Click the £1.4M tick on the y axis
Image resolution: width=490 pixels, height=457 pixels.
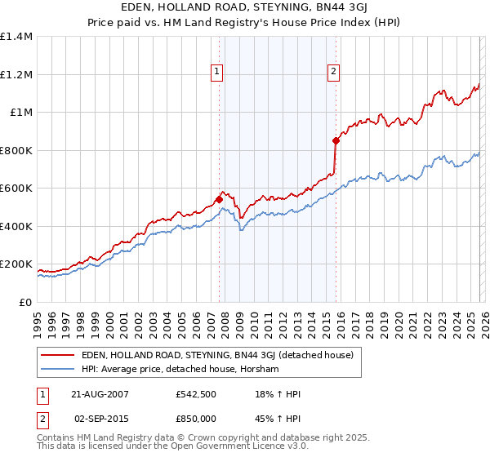[x=16, y=37]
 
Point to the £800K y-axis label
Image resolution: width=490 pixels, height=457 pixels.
[x=16, y=150]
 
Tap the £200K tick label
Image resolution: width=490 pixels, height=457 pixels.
[x=16, y=264]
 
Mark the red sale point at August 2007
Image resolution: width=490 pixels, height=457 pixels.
[x=219, y=199]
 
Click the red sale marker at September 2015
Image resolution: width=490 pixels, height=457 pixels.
[x=336, y=140]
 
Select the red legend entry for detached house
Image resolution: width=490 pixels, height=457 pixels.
[x=216, y=355]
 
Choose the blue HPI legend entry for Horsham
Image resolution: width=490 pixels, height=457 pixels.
[x=180, y=370]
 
